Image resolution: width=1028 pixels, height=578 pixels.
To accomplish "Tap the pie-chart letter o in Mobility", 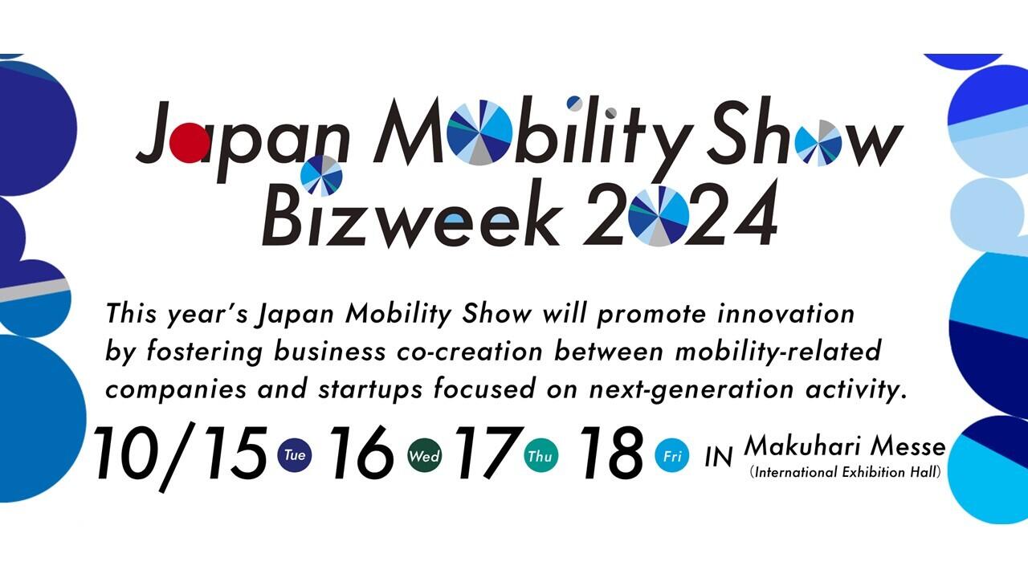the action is click(479, 132).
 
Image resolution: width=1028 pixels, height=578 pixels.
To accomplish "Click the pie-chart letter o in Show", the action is click(818, 143).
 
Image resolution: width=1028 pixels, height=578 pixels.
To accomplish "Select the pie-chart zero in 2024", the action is click(659, 216).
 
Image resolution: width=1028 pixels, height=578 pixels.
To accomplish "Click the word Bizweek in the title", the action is click(412, 217).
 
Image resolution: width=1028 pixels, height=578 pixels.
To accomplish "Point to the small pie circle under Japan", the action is click(321, 176).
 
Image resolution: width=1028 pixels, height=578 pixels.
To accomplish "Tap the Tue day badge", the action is click(295, 455).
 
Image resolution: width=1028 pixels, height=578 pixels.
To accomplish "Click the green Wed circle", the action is click(425, 455).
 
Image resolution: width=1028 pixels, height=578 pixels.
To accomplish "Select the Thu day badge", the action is click(541, 455).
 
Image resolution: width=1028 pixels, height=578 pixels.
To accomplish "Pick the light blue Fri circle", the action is click(672, 456).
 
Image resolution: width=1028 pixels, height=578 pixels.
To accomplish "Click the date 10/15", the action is click(180, 457).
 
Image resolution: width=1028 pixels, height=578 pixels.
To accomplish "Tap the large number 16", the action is click(361, 452).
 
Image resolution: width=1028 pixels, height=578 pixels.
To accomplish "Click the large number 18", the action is click(613, 452).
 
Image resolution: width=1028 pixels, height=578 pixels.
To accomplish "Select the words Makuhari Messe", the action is click(845, 446).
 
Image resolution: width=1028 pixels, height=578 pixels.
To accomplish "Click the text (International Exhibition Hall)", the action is click(845, 472).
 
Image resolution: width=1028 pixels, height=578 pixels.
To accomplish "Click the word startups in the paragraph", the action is click(370, 390).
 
